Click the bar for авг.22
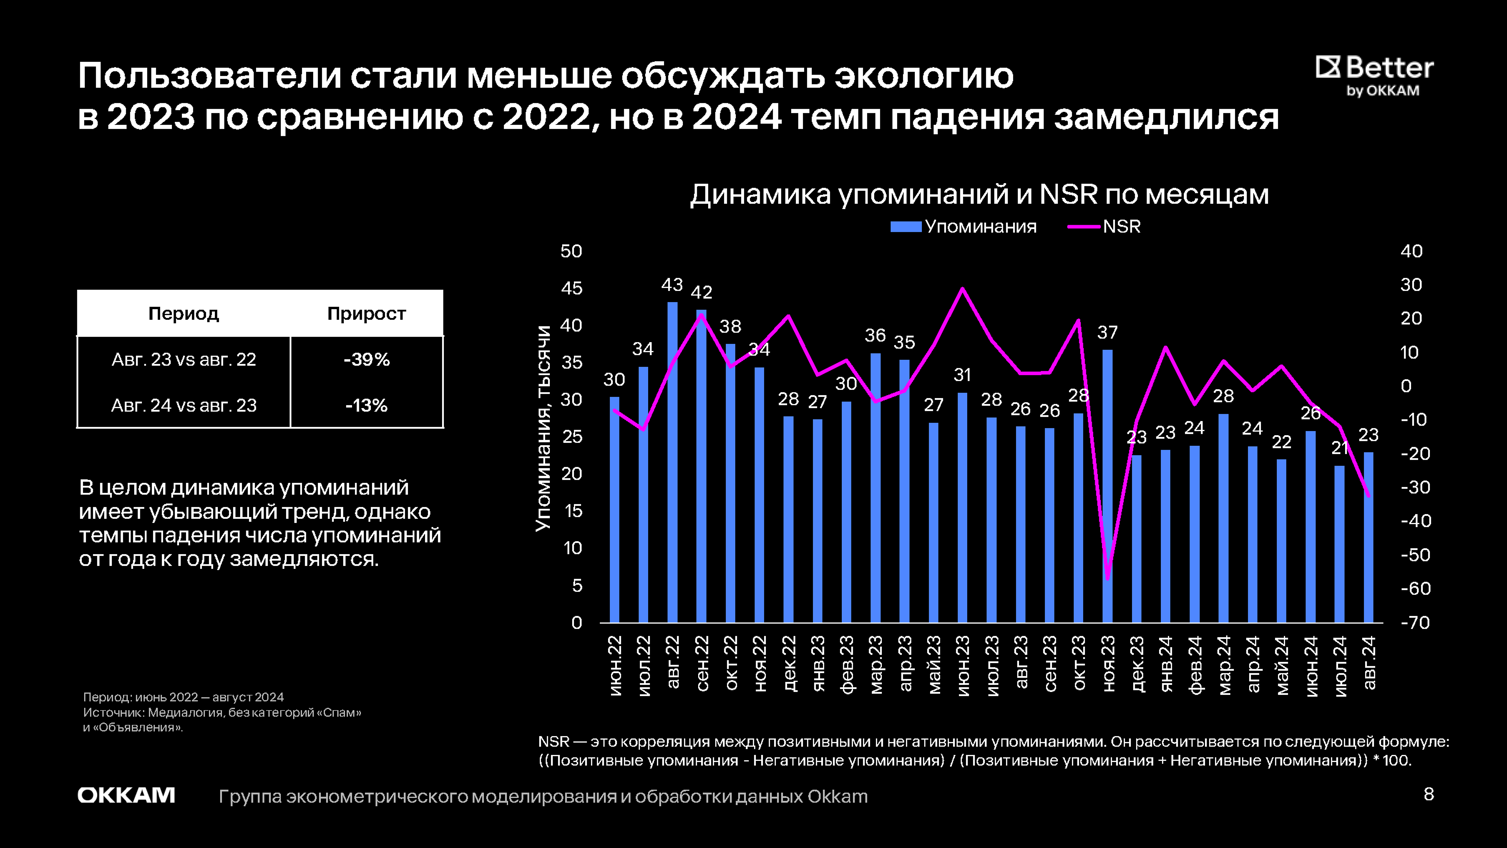(672, 462)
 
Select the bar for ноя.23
(1107, 486)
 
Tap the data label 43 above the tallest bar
(672, 285)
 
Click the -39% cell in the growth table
(366, 359)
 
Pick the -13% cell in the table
(366, 405)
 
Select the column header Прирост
(366, 313)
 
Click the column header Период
(184, 313)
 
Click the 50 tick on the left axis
(571, 251)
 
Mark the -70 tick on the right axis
(1415, 622)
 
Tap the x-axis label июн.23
(962, 665)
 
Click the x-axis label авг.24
(1369, 662)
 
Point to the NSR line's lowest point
(1107, 579)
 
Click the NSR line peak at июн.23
(962, 289)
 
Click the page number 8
(1429, 794)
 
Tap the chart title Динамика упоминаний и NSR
(979, 194)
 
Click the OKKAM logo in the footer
(127, 796)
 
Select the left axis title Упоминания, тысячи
(543, 429)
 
